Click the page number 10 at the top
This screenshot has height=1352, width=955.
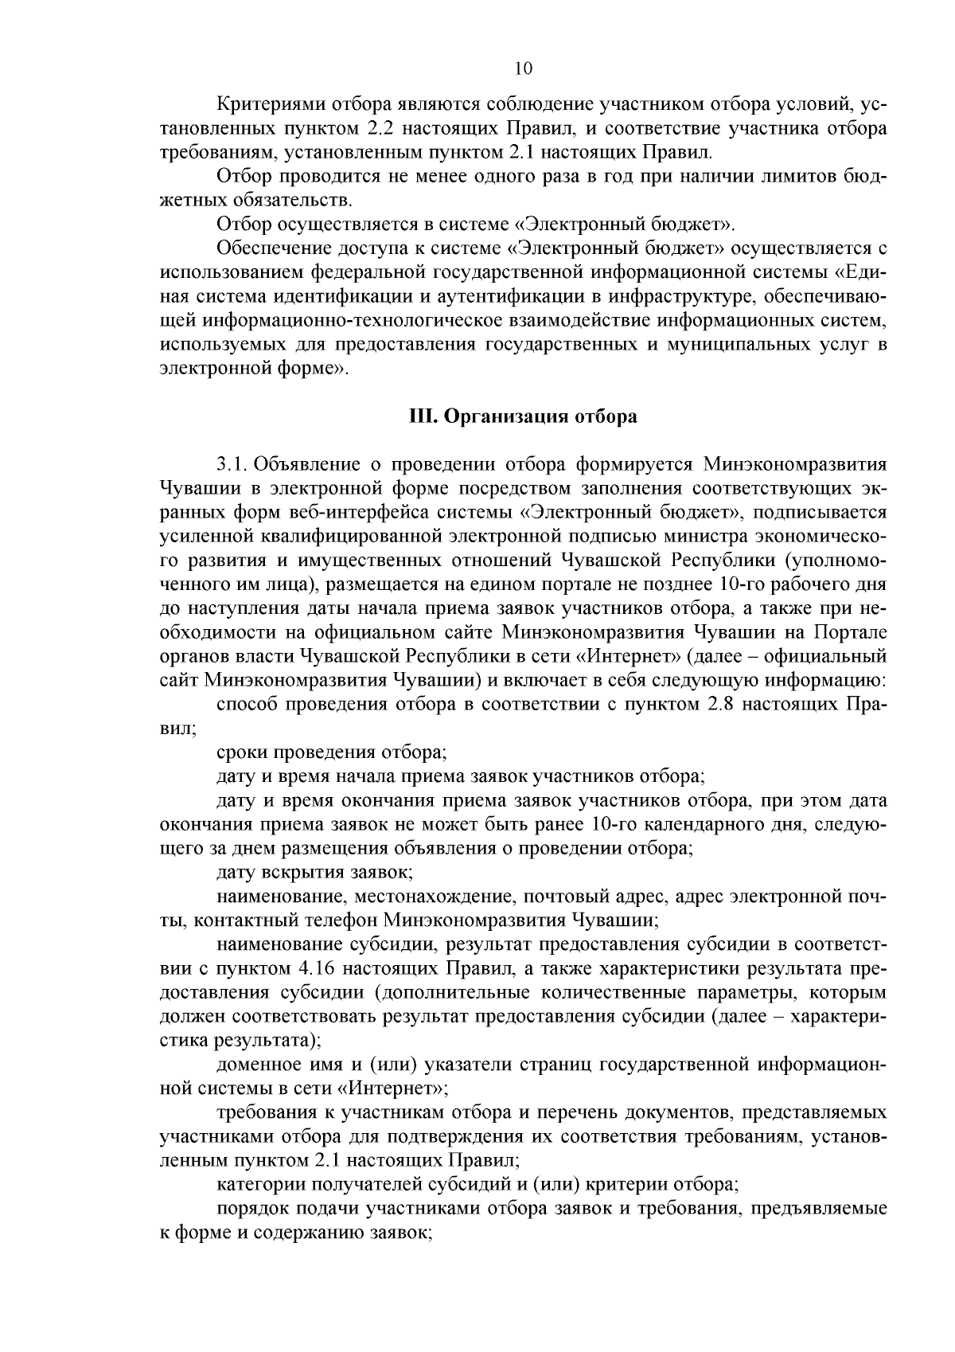(523, 68)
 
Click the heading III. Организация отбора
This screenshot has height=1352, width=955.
(523, 416)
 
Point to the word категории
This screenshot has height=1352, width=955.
(252, 1184)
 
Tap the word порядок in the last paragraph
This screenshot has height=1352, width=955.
(248, 1209)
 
